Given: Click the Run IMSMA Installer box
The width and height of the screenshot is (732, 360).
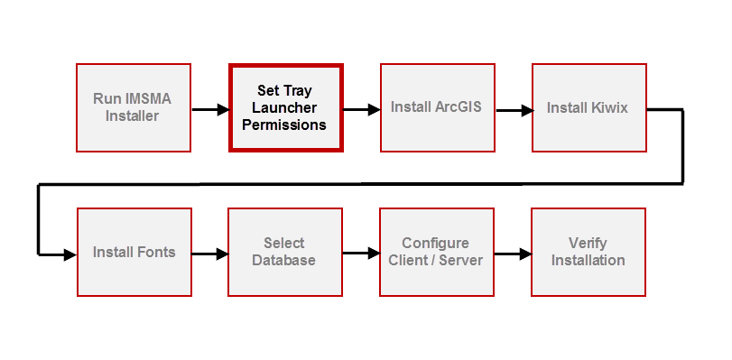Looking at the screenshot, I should pyautogui.click(x=133, y=107).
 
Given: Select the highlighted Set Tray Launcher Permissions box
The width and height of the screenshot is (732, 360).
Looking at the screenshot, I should pyautogui.click(x=285, y=107).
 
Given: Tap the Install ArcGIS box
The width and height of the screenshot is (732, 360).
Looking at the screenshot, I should pyautogui.click(x=437, y=107).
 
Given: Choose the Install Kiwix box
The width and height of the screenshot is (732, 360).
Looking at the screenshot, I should pyautogui.click(x=588, y=107).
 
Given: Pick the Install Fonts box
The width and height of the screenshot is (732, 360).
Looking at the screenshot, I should pyautogui.click(x=134, y=252).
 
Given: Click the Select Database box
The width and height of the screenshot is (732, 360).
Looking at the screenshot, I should pyautogui.click(x=284, y=252).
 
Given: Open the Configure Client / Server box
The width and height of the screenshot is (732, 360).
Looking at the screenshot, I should pyautogui.click(x=436, y=252).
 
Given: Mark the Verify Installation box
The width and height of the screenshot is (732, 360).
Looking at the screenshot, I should pyautogui.click(x=588, y=252).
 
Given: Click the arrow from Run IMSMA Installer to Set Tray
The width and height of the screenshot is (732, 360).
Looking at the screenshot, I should pyautogui.click(x=209, y=110).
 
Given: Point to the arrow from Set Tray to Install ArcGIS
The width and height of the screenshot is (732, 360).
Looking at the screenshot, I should pyautogui.click(x=361, y=110).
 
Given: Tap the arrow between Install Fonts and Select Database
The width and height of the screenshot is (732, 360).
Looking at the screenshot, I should pyautogui.click(x=209, y=254).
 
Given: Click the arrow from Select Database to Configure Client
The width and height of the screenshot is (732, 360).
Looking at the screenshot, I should pyautogui.click(x=361, y=254).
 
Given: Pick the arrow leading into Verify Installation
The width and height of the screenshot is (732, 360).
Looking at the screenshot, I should pyautogui.click(x=513, y=254).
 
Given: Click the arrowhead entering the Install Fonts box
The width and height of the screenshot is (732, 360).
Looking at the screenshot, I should pyautogui.click(x=70, y=254).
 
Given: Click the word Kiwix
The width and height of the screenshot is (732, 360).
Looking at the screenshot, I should pyautogui.click(x=609, y=108).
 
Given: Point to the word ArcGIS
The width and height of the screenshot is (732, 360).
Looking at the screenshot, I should pyautogui.click(x=459, y=107).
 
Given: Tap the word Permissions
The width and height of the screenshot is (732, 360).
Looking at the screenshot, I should pyautogui.click(x=284, y=125).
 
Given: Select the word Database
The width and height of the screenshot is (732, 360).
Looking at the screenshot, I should pyautogui.click(x=284, y=261).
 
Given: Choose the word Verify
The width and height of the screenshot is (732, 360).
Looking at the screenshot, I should pyautogui.click(x=588, y=243).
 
